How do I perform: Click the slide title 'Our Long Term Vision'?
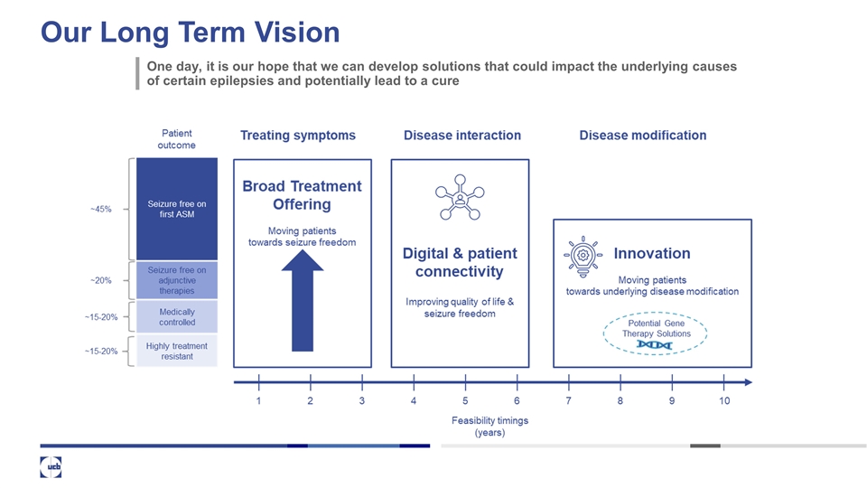click(190, 33)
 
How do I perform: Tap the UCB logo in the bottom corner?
click(51, 467)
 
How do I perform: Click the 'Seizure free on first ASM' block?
click(176, 209)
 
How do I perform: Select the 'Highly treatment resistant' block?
click(176, 351)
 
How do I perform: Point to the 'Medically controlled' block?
click(176, 317)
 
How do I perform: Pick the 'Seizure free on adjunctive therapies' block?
click(176, 280)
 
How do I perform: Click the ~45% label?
click(100, 210)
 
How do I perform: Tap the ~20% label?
click(100, 280)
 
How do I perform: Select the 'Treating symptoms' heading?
click(298, 136)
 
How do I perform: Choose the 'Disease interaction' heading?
click(461, 136)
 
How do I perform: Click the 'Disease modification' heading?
click(642, 136)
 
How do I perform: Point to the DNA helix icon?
click(654, 344)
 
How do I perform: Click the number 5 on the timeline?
click(465, 400)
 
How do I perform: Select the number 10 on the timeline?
click(724, 400)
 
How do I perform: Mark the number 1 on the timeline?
click(258, 400)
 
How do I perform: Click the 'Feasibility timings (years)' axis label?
click(489, 427)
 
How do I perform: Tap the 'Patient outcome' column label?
click(176, 139)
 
